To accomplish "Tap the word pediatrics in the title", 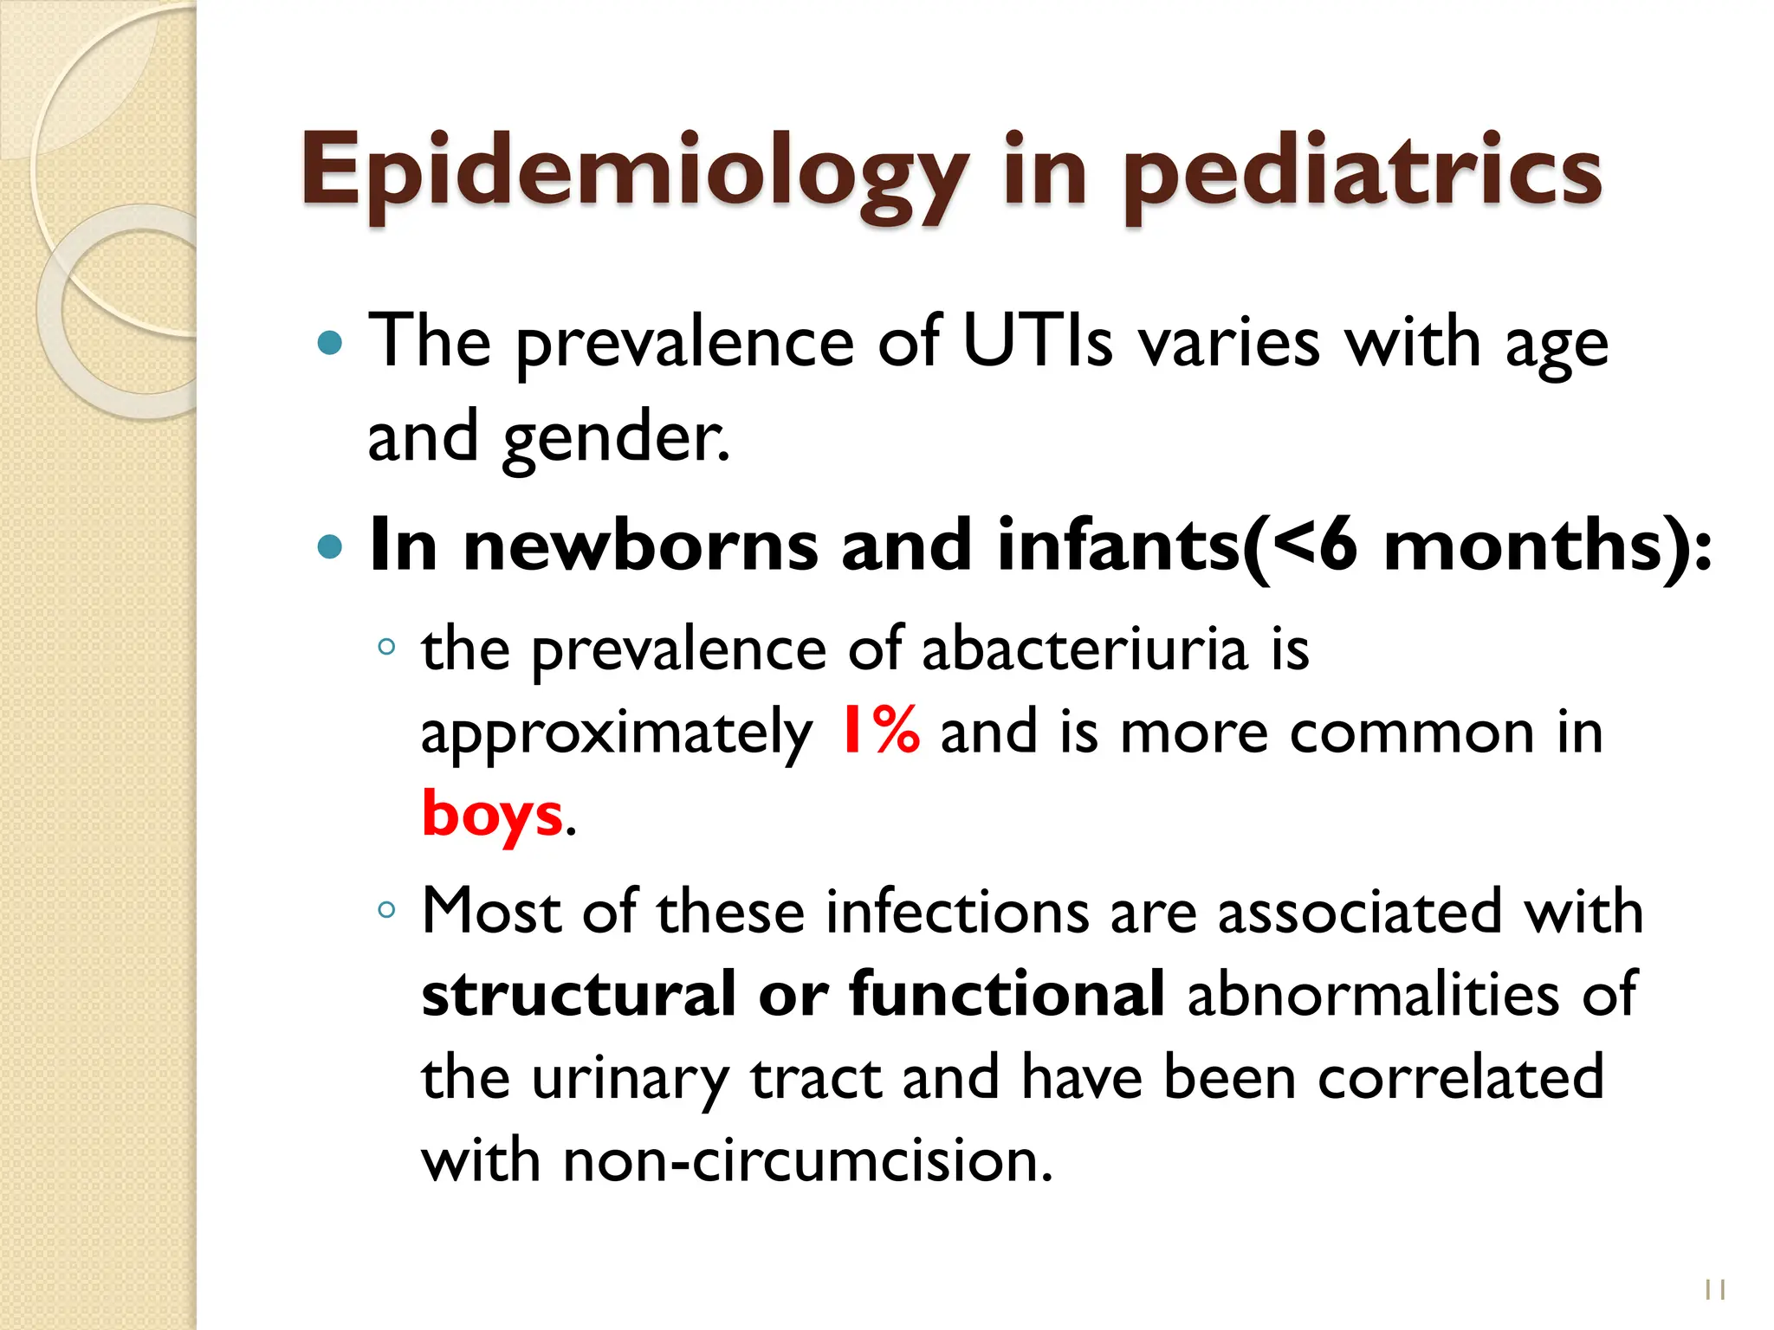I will point(1363,173).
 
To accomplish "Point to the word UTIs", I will point(1036,342).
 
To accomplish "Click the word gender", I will point(616,438).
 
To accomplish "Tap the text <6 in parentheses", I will point(1315,546).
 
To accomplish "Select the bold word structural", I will point(578,994).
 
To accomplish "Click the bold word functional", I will point(1007,994).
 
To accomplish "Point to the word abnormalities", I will point(1373,994).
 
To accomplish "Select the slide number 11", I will point(1715,1289).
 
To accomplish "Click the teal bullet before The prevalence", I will point(330,344).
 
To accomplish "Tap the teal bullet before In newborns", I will point(330,547).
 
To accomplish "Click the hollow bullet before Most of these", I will point(386,910).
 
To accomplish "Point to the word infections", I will point(956,912).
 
